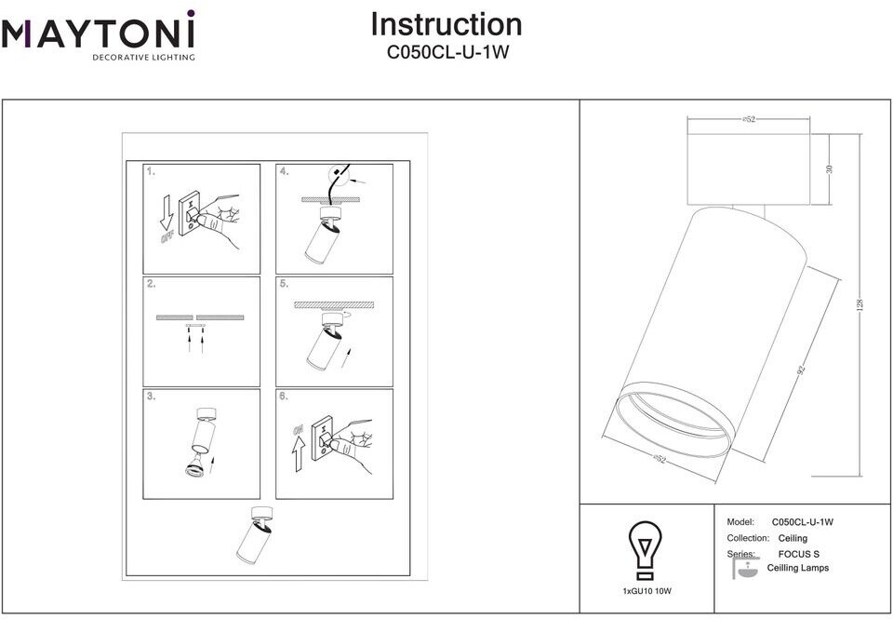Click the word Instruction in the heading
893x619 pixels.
[x=446, y=24]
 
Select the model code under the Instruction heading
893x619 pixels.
[x=447, y=53]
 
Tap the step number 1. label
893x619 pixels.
[x=151, y=172]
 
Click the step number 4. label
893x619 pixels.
[x=284, y=172]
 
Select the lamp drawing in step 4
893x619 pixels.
[x=321, y=237]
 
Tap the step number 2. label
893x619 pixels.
[x=151, y=284]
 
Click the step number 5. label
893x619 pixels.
[x=284, y=284]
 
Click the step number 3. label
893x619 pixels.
[x=151, y=397]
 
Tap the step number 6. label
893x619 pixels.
[x=284, y=397]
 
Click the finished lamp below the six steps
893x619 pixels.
[x=256, y=534]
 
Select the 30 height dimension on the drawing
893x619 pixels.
[x=830, y=168]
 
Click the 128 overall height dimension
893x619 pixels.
[x=860, y=304]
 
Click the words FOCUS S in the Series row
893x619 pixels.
[x=799, y=554]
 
